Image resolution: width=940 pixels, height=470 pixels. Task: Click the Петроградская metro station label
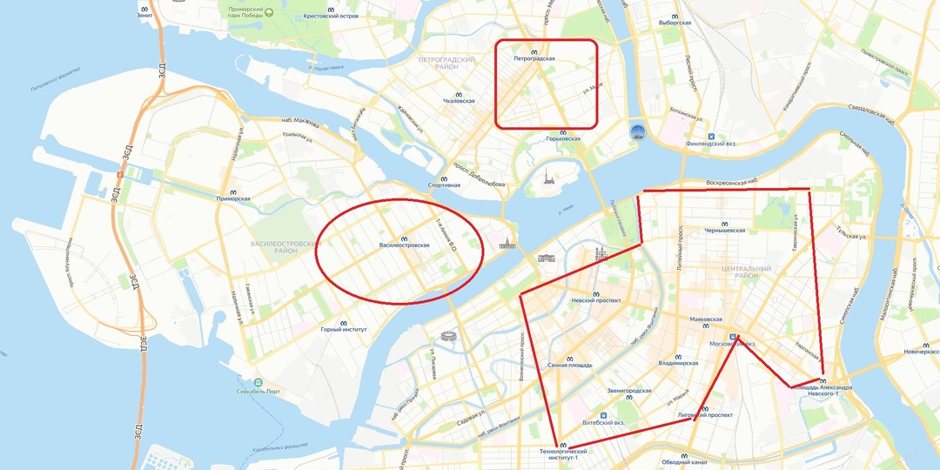click(534, 58)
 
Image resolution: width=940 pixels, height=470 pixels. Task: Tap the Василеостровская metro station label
click(404, 245)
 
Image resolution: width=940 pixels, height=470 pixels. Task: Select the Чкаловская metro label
click(459, 100)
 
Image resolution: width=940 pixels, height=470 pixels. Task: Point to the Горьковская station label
click(562, 138)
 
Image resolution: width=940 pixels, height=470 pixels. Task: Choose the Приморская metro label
click(233, 198)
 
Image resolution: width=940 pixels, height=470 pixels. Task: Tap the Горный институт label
click(344, 329)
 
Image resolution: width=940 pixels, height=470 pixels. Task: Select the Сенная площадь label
click(570, 365)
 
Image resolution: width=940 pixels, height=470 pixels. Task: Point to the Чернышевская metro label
click(724, 230)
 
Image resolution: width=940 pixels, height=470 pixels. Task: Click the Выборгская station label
click(675, 22)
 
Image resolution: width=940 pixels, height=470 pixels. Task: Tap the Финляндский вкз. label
click(711, 144)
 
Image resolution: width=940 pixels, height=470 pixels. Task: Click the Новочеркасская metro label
click(923, 352)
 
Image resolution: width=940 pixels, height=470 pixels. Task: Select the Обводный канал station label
click(683, 461)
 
